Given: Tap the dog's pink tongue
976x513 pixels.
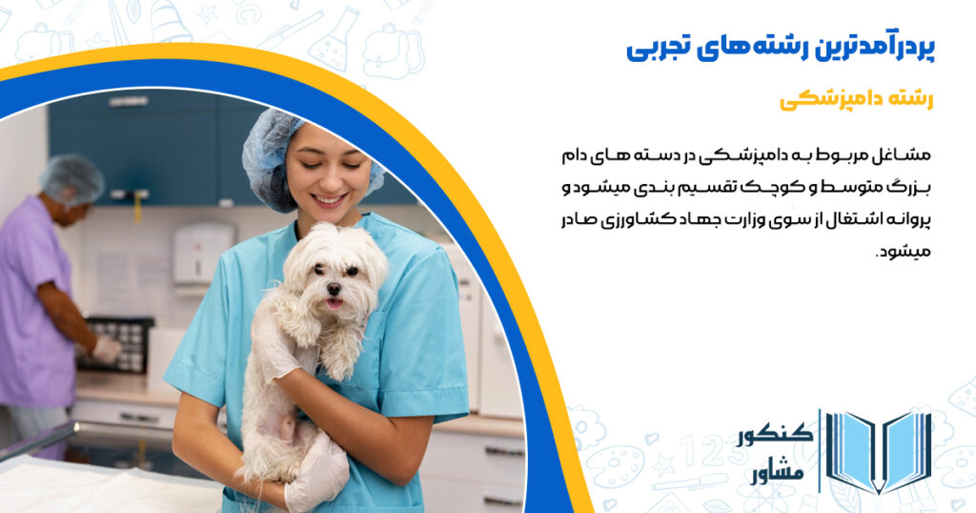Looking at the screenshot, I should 334,304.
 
